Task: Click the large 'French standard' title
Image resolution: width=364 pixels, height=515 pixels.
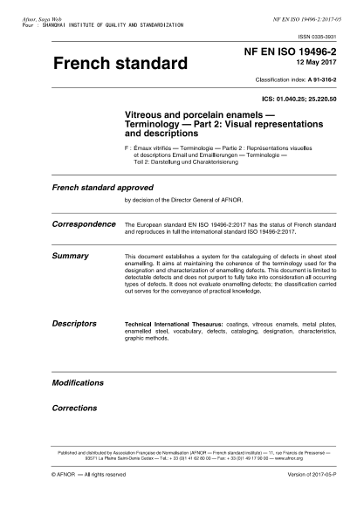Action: (x=120, y=65)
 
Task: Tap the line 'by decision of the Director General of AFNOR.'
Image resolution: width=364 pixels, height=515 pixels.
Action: (x=181, y=200)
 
